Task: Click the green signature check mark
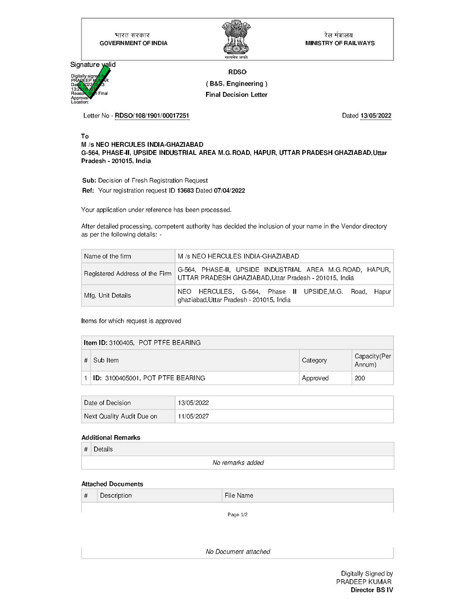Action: (94, 82)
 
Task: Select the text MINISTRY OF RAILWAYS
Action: (340, 43)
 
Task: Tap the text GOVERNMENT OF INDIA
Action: (134, 43)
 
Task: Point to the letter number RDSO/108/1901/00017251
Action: (152, 116)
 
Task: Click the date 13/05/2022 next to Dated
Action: (376, 116)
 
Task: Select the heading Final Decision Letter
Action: (236, 95)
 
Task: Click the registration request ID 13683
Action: (185, 191)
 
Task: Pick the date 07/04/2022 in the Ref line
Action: (229, 191)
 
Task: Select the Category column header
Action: (314, 360)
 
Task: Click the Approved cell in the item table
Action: (315, 378)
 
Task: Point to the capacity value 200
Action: (360, 378)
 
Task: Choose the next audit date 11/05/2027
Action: (193, 416)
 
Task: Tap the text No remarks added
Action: (238, 463)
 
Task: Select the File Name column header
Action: (239, 495)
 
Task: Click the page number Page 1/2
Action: (237, 515)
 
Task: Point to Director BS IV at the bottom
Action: (372, 590)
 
